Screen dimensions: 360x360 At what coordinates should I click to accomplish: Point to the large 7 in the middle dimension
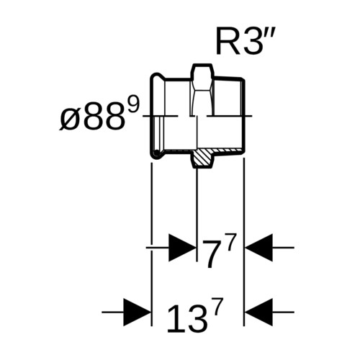coord(211,254)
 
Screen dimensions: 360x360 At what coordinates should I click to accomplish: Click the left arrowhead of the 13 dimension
coord(137,312)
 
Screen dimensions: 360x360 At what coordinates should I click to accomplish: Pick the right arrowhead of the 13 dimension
coord(259,312)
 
